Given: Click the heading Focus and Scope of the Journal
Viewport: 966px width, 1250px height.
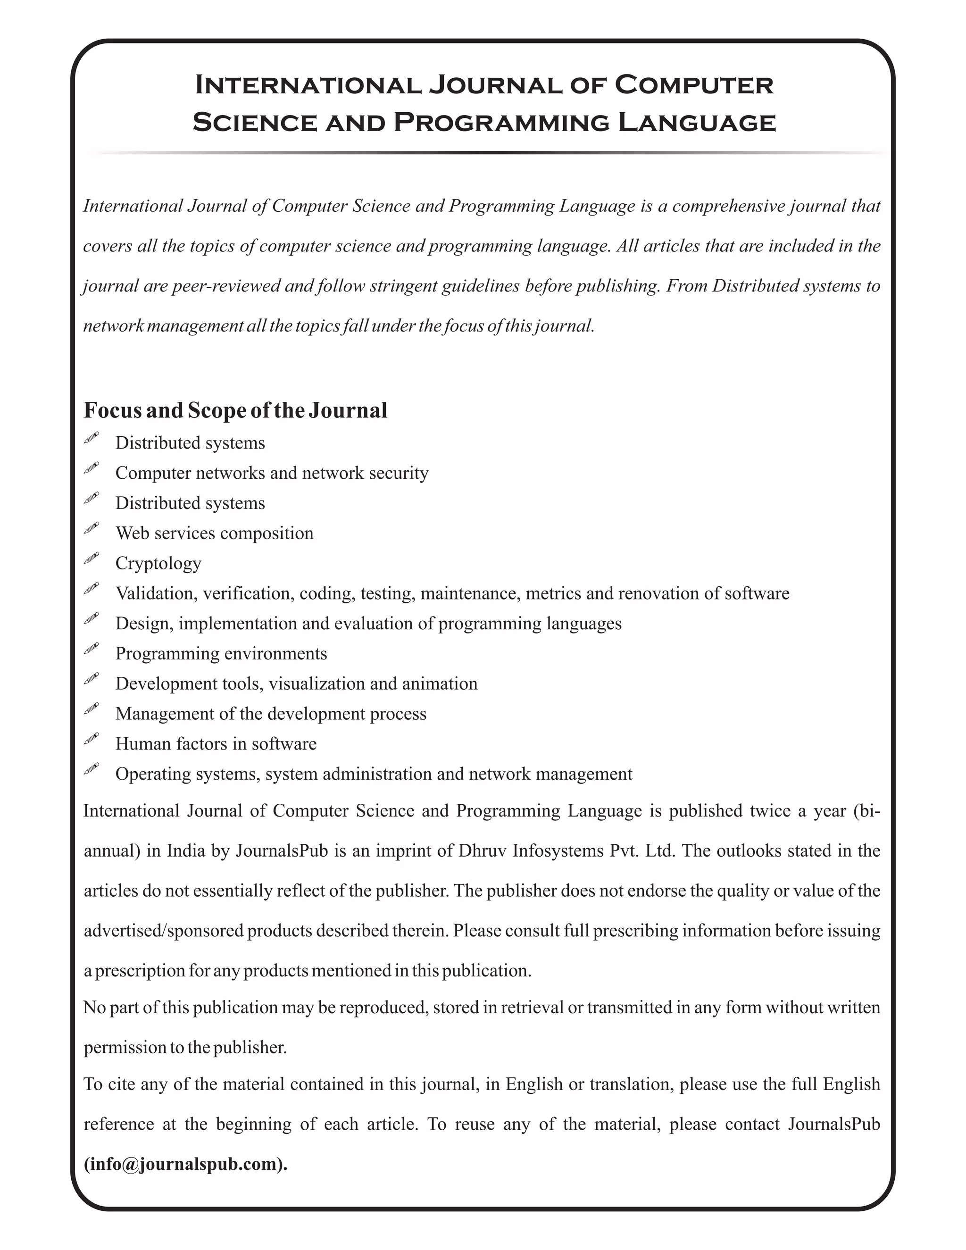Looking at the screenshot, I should click(x=235, y=410).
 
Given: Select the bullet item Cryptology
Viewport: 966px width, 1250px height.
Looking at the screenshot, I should click(x=158, y=563).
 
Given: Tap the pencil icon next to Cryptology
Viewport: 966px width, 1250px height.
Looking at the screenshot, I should click(x=91, y=558).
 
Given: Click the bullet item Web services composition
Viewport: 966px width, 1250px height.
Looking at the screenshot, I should click(x=215, y=533).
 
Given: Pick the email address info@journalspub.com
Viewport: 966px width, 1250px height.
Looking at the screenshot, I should click(x=185, y=1164).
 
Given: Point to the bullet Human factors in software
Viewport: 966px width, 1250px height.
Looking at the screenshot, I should click(x=216, y=743).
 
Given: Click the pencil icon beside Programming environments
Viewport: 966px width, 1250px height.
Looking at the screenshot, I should click(x=91, y=649).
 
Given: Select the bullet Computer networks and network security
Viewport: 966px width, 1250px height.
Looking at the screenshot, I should click(x=272, y=473).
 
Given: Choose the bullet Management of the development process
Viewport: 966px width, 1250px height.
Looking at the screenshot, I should click(x=271, y=714).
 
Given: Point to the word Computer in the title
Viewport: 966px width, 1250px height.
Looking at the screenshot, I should click(x=693, y=85).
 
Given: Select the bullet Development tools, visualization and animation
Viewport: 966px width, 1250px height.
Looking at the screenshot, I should click(x=296, y=683).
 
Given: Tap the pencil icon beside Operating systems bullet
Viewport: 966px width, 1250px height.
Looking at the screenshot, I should click(x=91, y=769).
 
